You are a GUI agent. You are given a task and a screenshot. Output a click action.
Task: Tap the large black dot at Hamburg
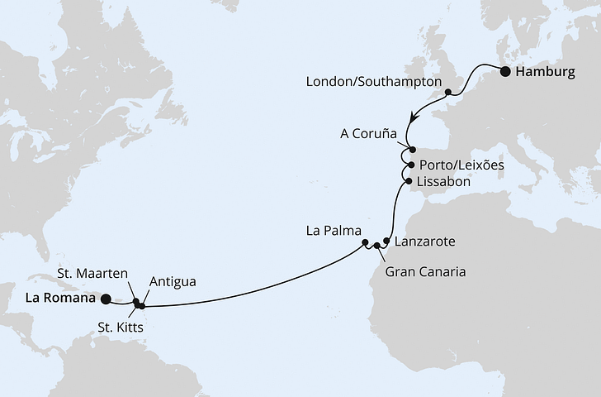click(x=505, y=72)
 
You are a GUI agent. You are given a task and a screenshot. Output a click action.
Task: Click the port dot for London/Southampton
click(x=448, y=93)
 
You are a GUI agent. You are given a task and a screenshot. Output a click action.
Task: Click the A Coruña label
click(x=370, y=133)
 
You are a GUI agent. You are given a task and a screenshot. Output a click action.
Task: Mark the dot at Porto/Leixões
click(x=411, y=165)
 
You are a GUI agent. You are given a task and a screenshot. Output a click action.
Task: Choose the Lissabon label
click(x=444, y=180)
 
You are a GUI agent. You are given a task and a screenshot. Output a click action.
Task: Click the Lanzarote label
click(x=425, y=242)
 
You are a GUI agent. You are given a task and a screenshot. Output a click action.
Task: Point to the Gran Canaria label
click(x=427, y=270)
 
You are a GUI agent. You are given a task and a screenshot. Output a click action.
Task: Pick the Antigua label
click(x=173, y=282)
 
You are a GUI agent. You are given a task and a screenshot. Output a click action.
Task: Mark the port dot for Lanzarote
click(x=386, y=242)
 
